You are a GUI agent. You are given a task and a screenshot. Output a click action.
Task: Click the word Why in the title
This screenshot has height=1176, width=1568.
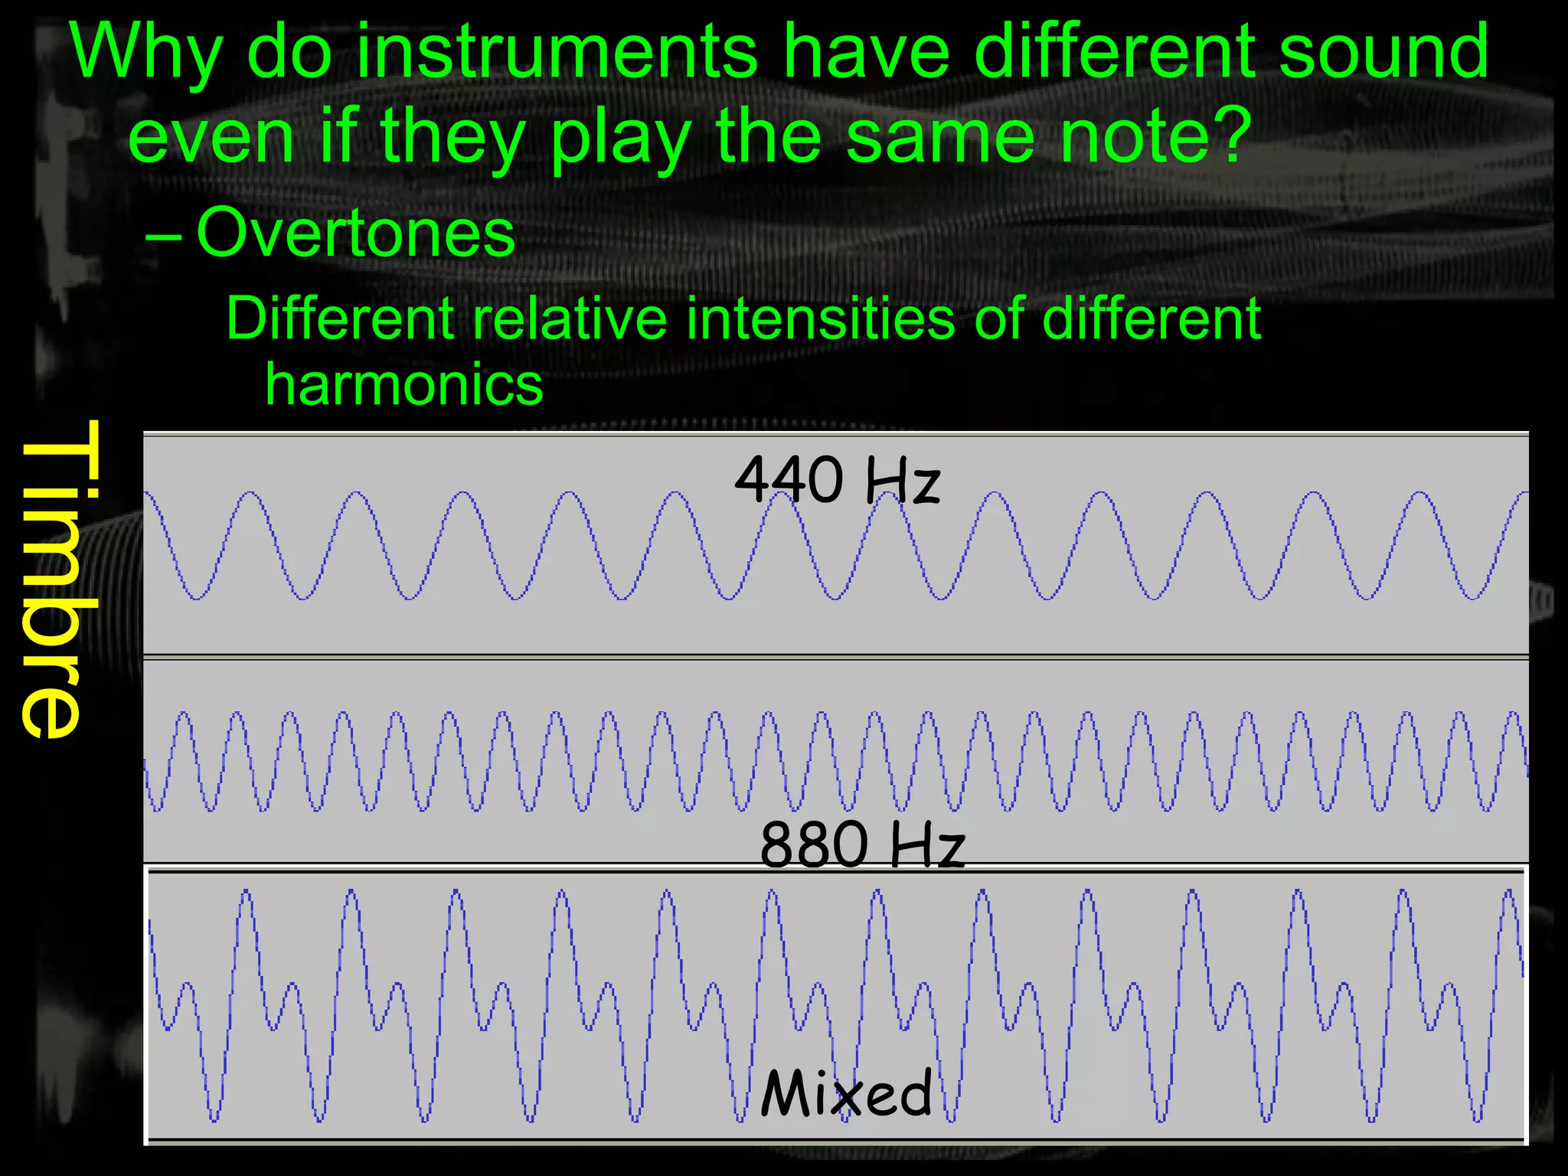point(146,52)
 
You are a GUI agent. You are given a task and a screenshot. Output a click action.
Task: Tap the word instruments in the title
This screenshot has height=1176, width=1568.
point(557,52)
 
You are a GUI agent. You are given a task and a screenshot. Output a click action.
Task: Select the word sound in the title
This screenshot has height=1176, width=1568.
point(1383,52)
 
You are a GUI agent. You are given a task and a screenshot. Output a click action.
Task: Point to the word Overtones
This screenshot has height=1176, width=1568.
point(356,233)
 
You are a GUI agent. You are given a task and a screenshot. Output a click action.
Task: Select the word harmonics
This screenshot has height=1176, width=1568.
point(404,384)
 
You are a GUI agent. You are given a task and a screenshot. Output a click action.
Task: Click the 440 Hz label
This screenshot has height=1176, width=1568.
point(837,481)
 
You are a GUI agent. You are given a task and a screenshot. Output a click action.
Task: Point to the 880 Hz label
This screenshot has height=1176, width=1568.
point(862,844)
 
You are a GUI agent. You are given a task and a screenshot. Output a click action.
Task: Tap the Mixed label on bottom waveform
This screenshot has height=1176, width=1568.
point(847,1093)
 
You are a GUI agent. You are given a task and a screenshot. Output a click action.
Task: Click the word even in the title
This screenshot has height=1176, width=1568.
point(211,136)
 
